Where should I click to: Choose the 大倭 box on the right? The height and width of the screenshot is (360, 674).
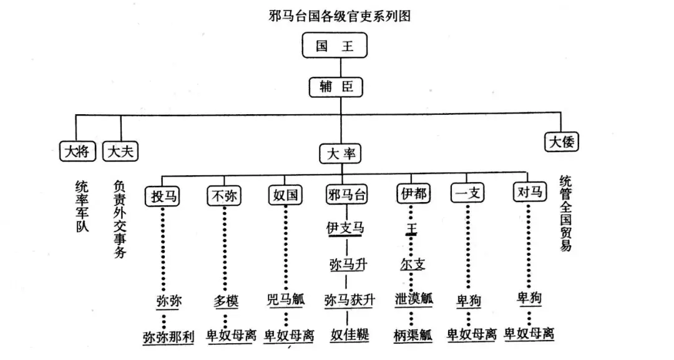[x=561, y=142]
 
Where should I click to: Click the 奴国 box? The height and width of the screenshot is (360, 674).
[x=286, y=195]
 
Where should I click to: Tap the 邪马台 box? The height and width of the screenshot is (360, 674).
[x=346, y=195]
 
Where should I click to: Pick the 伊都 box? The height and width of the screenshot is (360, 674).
[x=413, y=194]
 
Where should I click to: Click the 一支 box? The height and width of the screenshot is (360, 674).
[x=467, y=194]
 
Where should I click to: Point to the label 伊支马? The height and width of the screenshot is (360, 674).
[x=346, y=228]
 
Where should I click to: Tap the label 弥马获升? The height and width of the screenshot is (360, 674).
[x=349, y=300]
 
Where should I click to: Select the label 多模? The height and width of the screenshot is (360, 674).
[x=225, y=301]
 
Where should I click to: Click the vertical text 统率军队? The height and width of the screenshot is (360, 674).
[x=81, y=206]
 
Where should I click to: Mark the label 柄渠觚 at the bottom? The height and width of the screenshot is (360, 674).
[x=413, y=336]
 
